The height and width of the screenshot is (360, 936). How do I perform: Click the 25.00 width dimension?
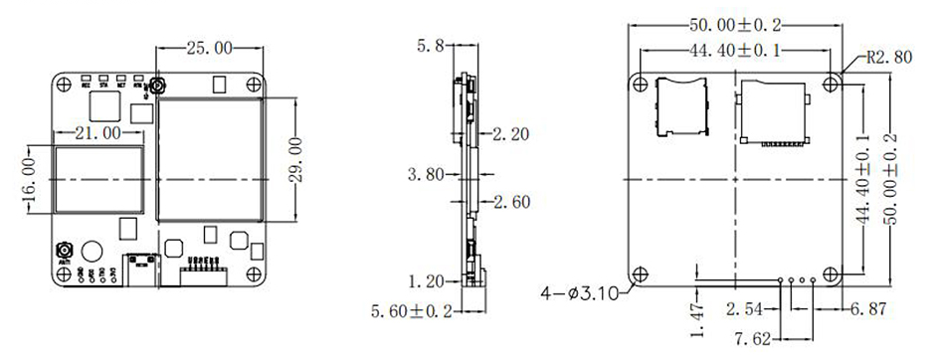click(210, 47)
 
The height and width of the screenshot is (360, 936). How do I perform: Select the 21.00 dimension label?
click(96, 131)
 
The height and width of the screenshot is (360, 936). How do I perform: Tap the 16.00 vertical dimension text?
click(33, 178)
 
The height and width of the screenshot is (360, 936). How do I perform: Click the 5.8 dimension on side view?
click(433, 46)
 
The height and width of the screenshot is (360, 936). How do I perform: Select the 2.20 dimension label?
click(511, 132)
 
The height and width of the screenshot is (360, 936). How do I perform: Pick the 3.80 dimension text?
click(427, 175)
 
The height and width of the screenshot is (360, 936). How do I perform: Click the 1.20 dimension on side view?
click(427, 280)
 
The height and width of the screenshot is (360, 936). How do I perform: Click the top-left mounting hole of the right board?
click(639, 82)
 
